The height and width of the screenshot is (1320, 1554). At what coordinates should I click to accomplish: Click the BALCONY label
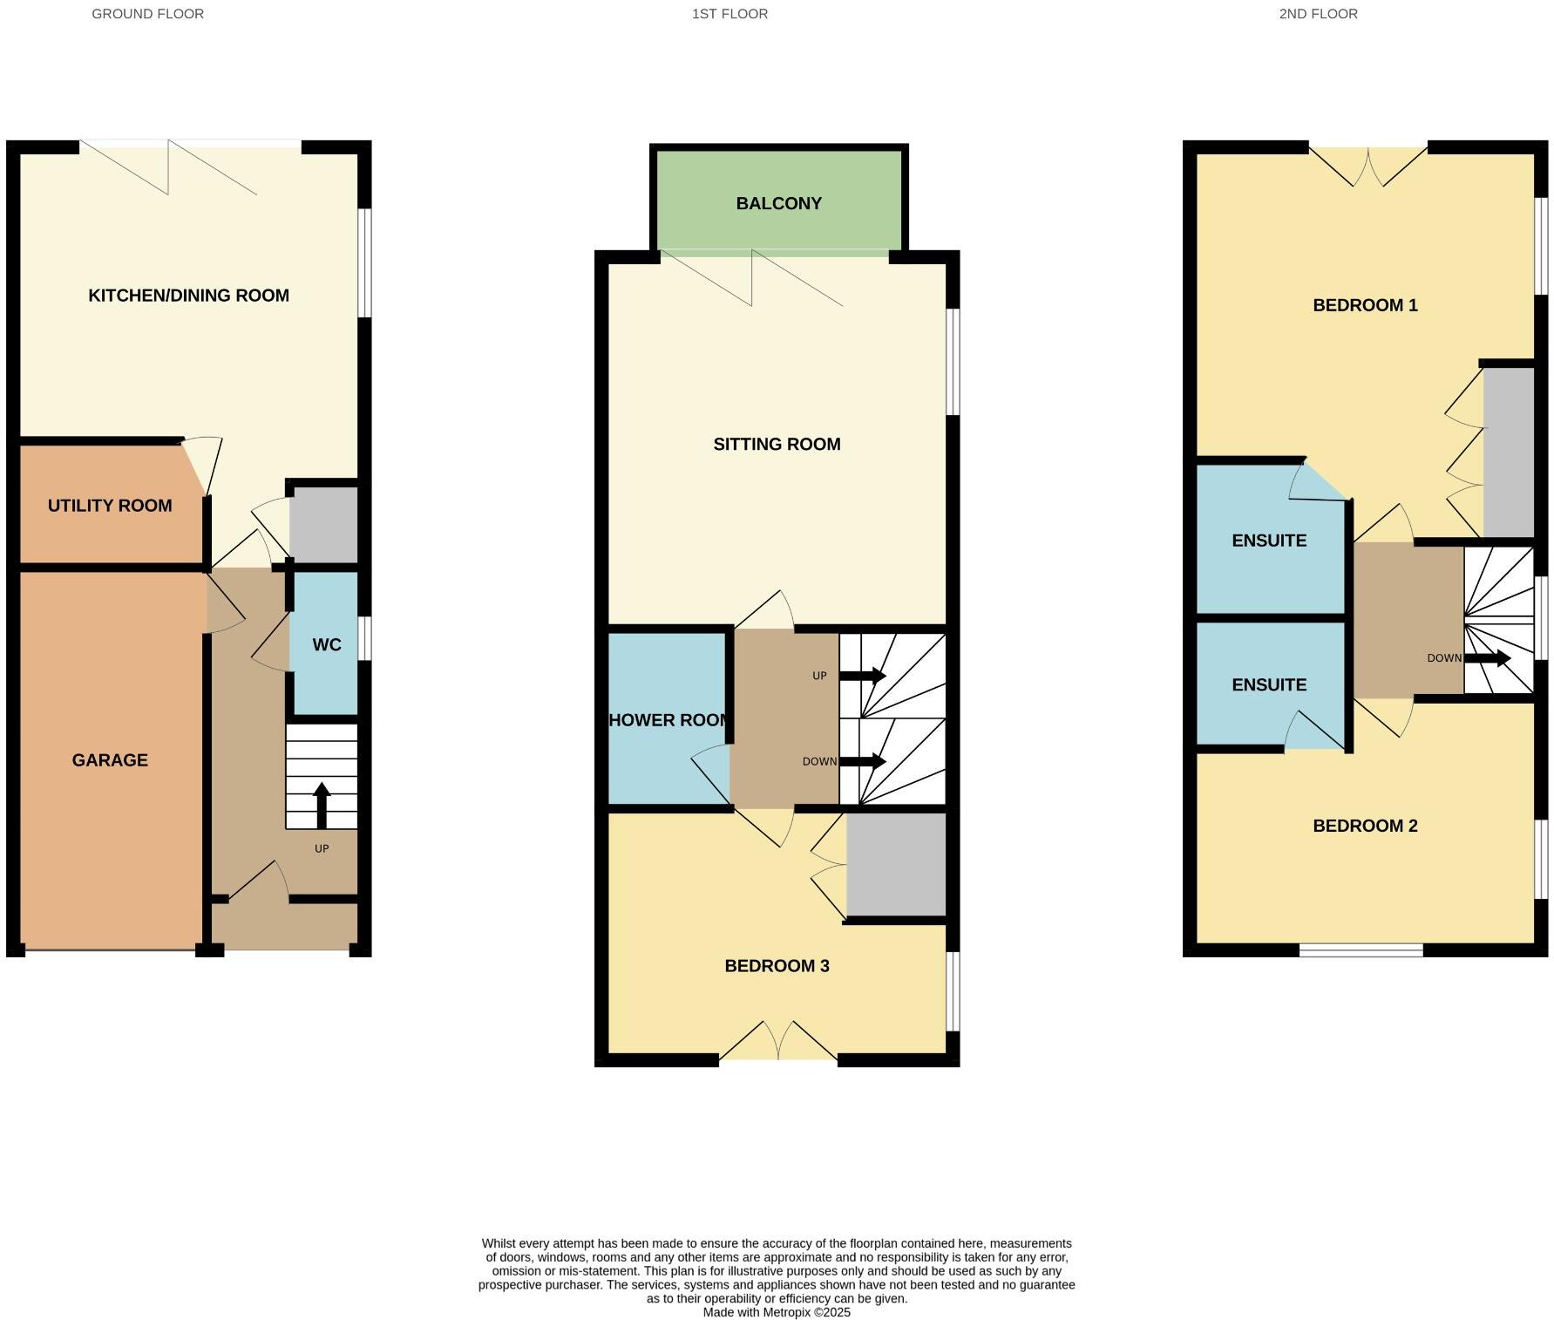click(x=778, y=203)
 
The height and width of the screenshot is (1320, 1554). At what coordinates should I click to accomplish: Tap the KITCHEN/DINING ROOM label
click(x=188, y=296)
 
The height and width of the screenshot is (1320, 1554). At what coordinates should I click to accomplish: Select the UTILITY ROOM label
click(x=110, y=506)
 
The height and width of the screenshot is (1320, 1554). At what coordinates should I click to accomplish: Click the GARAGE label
click(x=110, y=760)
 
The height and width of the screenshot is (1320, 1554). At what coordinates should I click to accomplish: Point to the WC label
click(x=327, y=645)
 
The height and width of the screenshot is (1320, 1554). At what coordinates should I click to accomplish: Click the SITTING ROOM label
click(x=777, y=445)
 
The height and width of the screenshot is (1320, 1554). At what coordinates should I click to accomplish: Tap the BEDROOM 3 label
click(x=777, y=966)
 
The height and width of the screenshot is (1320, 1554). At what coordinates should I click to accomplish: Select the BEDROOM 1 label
click(x=1365, y=305)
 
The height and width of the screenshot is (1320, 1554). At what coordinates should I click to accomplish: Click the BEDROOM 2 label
click(x=1365, y=826)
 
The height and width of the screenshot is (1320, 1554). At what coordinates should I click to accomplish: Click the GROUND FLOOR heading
click(x=147, y=14)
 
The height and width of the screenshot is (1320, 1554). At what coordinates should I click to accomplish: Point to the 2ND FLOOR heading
click(x=1318, y=14)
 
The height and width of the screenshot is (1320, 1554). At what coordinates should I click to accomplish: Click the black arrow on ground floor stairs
click(x=322, y=805)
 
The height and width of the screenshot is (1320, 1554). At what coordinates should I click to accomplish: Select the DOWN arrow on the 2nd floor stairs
click(x=1487, y=658)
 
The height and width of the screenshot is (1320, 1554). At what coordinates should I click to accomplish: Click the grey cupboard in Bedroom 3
click(x=896, y=864)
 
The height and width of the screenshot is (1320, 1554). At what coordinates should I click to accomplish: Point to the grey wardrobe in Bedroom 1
click(x=1509, y=452)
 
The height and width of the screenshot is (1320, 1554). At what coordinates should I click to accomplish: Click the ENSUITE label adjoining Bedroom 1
click(x=1268, y=541)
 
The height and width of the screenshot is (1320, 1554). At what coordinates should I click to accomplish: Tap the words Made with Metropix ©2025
click(x=777, y=1312)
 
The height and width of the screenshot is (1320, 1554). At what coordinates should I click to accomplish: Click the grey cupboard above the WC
click(x=323, y=525)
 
